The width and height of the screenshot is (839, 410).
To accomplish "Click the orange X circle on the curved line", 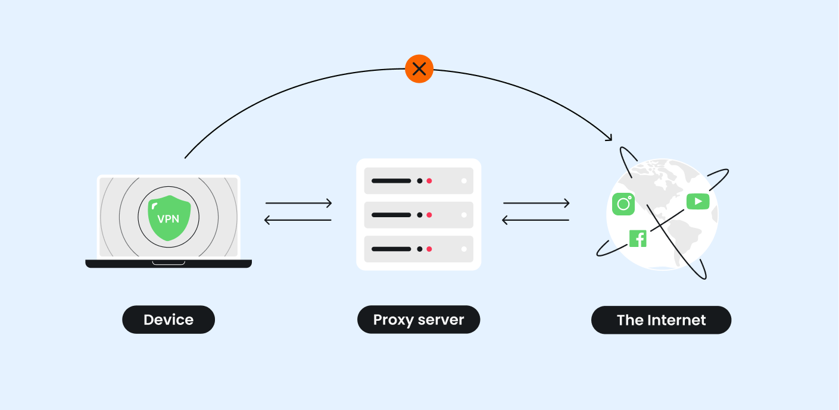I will (x=419, y=69).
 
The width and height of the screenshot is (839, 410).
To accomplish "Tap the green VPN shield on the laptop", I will (x=169, y=218).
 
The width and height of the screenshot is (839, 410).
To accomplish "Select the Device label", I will (x=169, y=320).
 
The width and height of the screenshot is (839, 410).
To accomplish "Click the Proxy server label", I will (x=419, y=320).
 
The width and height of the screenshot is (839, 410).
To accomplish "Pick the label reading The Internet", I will (x=661, y=320).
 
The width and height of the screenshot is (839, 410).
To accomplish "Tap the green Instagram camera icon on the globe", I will (x=623, y=204).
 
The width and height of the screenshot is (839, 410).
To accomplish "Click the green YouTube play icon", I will (x=698, y=201).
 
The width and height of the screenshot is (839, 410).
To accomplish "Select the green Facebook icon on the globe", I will (x=638, y=239).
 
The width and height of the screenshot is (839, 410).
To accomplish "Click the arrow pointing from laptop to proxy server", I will (x=298, y=204).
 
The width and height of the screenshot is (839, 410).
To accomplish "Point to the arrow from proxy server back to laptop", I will (x=298, y=220).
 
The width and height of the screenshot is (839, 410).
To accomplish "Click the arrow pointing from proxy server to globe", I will (x=537, y=204).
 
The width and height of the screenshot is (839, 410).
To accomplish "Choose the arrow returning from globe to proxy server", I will (x=537, y=220).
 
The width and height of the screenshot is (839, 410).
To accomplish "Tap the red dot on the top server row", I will (x=429, y=180).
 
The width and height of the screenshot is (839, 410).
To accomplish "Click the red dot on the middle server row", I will (x=429, y=215).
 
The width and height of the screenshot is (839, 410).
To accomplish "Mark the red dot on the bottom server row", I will (x=429, y=249).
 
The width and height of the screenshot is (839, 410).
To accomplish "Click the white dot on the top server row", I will (x=464, y=180).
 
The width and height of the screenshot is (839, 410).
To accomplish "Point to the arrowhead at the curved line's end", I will (x=609, y=138).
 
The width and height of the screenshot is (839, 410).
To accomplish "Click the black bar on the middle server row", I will (x=391, y=215).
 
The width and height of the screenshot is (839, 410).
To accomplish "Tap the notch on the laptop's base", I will (x=169, y=262).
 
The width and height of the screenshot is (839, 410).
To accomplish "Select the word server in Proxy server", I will (x=441, y=320).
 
